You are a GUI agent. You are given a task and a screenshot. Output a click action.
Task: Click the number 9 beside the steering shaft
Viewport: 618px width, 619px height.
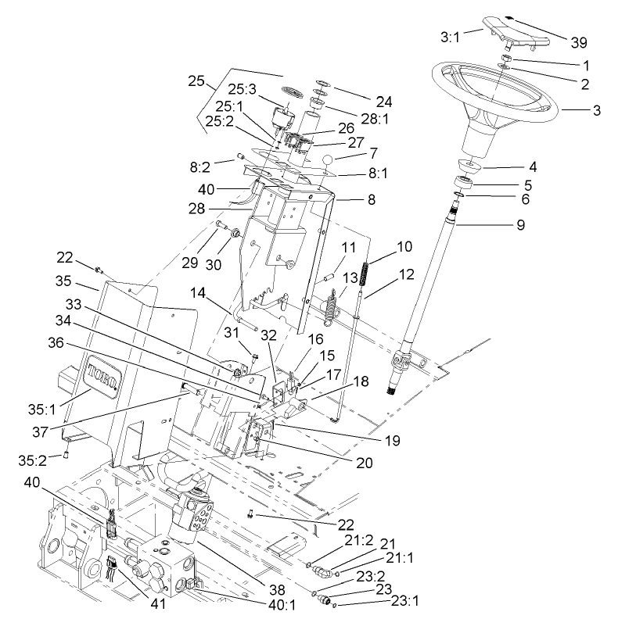click(x=520, y=225)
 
